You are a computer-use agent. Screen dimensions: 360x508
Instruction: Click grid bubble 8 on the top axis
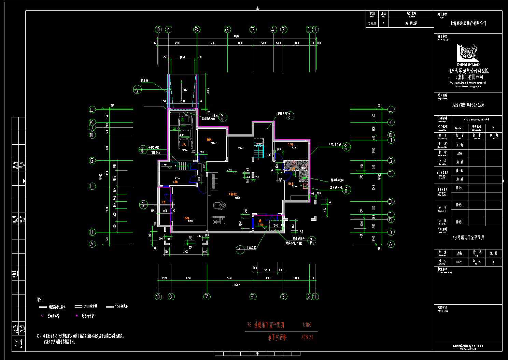(x=196, y=30)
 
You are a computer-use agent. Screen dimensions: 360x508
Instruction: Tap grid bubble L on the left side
(x=92, y=110)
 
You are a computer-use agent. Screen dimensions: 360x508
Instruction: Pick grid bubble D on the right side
(x=391, y=202)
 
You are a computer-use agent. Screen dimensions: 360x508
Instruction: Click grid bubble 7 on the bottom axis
(x=207, y=297)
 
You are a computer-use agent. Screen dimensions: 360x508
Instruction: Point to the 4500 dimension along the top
(x=177, y=43)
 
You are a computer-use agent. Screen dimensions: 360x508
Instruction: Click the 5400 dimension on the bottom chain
(x=230, y=278)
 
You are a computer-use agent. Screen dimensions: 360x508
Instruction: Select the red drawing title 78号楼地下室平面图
(x=266, y=325)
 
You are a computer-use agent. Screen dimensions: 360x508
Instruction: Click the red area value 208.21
(x=307, y=337)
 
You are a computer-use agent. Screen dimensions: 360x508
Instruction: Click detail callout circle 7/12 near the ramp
(x=137, y=89)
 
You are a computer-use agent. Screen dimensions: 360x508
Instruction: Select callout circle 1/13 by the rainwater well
(x=311, y=241)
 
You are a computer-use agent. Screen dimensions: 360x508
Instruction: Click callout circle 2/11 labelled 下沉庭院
(x=240, y=250)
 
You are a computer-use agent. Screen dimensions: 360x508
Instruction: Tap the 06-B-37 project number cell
(x=460, y=128)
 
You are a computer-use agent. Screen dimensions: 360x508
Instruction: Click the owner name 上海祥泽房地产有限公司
(x=468, y=23)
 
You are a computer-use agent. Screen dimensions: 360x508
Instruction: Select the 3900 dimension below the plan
(x=186, y=252)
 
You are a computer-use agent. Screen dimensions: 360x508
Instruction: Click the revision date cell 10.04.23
(x=372, y=23)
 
